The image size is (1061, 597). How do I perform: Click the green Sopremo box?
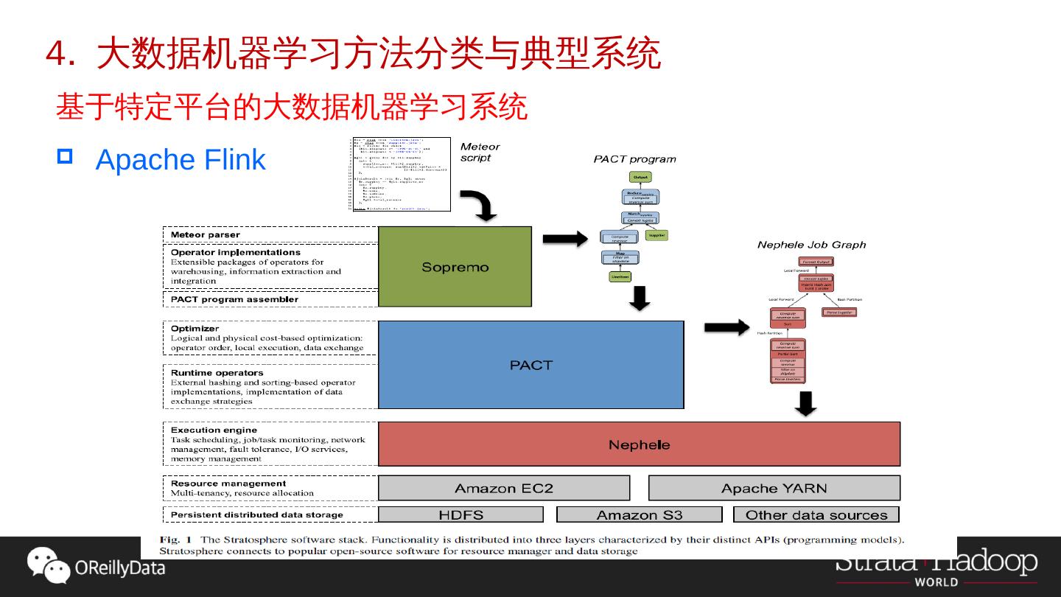point(455,266)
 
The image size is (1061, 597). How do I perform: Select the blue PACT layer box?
point(530,364)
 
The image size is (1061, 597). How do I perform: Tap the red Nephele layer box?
point(639,444)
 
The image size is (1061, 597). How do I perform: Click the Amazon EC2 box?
point(504,488)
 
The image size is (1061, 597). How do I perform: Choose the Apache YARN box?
point(774,488)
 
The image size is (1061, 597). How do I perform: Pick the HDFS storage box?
point(461,514)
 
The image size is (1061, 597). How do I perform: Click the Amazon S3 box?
point(639,514)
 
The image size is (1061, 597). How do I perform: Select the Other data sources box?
point(816,514)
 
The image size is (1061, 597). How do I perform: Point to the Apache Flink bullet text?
point(181,160)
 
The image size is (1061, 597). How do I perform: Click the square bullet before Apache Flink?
point(65,157)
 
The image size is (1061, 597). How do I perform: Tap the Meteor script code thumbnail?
point(399,174)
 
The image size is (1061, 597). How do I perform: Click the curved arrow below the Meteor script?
point(482,206)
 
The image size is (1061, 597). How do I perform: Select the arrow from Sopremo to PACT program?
point(565,238)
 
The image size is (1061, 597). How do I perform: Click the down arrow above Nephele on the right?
point(808,404)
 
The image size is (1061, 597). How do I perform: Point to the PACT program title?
point(634,159)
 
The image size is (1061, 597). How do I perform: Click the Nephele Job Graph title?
point(811,245)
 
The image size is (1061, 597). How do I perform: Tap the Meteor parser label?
point(206,235)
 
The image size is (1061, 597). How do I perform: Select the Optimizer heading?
point(195,328)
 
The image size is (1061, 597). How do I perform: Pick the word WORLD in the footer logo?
point(936,582)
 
